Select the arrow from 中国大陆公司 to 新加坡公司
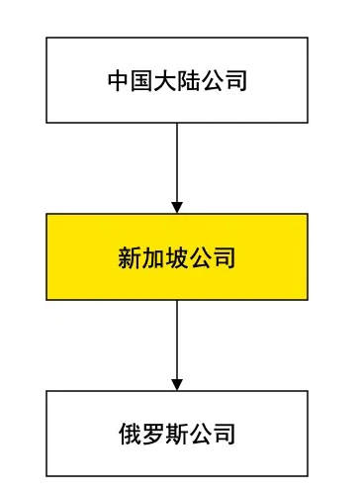[x=177, y=163]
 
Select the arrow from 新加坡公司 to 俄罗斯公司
[x=177, y=342]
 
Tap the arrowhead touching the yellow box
[x=177, y=207]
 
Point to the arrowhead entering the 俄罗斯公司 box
[x=177, y=384]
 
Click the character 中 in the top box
[x=119, y=81]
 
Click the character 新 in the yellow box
[x=131, y=258]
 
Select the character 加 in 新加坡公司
[x=154, y=258]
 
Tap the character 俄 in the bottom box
[x=131, y=434]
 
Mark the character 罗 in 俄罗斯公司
[x=154, y=434]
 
